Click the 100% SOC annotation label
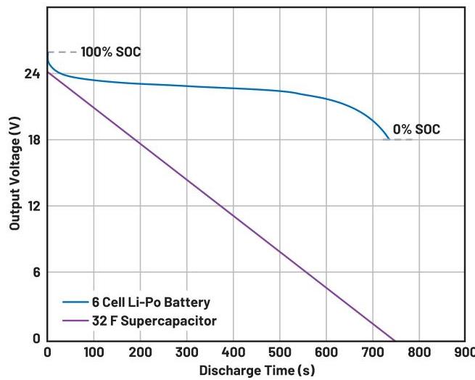coord(111,52)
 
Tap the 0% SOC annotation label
coord(416,130)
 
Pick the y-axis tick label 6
coord(34,273)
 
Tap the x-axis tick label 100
coord(94,353)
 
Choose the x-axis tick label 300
coord(186,353)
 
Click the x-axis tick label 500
coord(279,353)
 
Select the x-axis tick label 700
coord(372,353)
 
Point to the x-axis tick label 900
coord(464,353)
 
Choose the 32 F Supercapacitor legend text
coord(154,320)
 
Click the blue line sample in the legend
coord(75,302)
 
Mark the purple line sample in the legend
coord(75,320)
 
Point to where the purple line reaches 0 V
coord(394,339)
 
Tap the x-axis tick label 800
coord(418,353)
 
